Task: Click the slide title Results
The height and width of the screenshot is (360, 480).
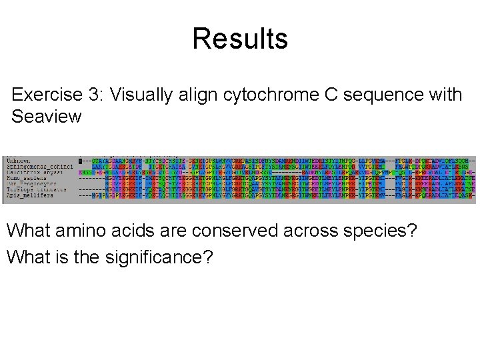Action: point(240,39)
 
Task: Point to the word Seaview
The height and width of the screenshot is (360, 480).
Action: point(47,117)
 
